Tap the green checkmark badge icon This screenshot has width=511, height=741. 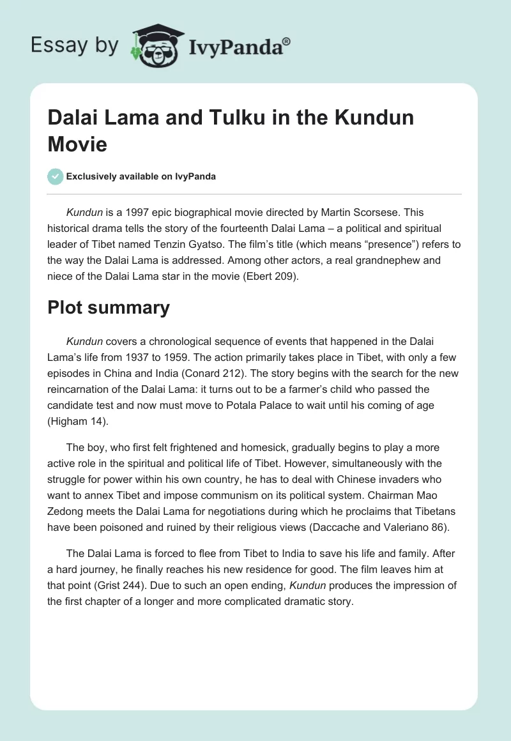[56, 176]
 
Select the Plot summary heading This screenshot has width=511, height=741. [109, 307]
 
